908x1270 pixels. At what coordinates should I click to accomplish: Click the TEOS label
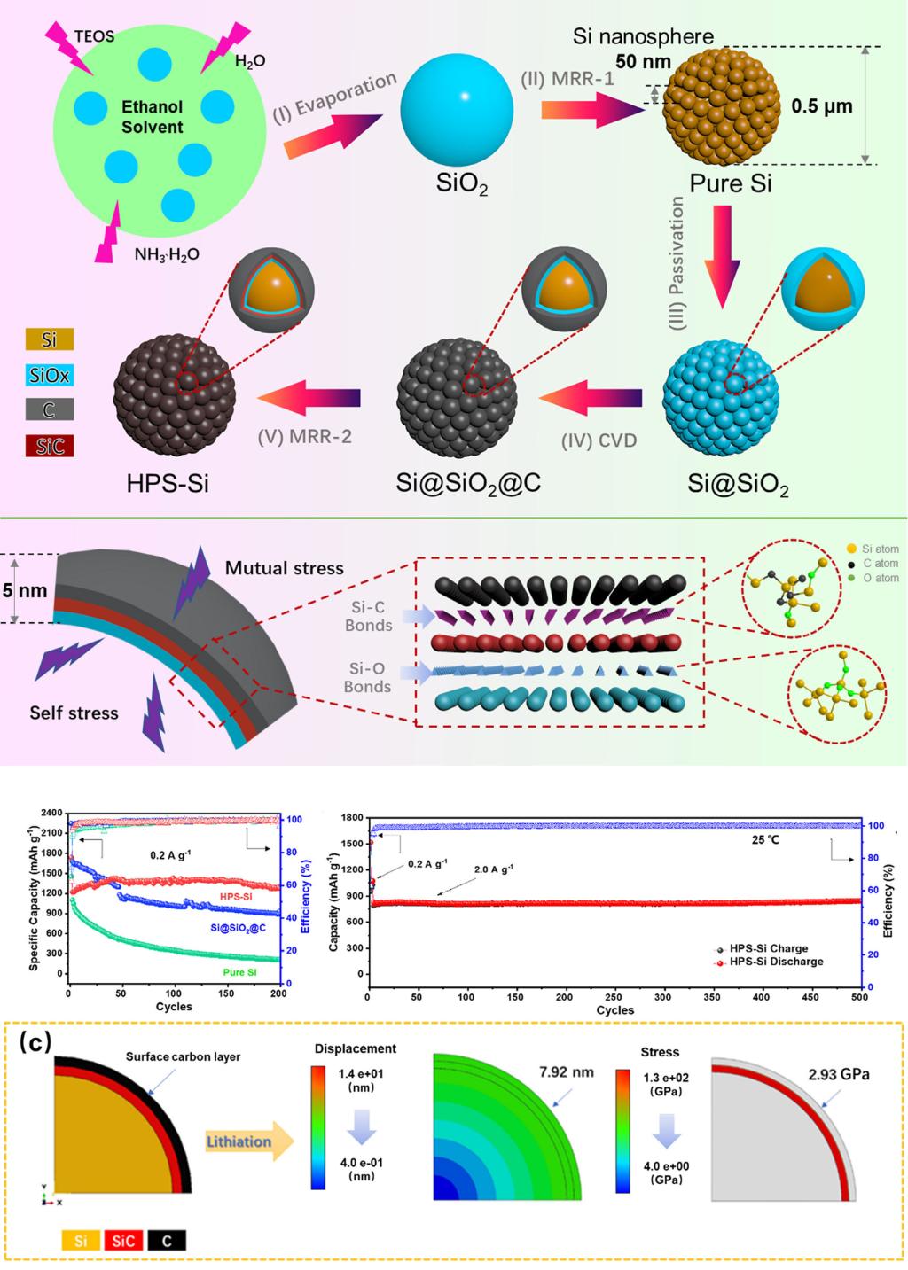(94, 36)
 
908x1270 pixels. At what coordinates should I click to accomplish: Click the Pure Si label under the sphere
(730, 183)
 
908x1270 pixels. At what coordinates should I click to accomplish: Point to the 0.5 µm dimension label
(821, 106)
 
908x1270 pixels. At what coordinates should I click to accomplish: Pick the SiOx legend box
(50, 375)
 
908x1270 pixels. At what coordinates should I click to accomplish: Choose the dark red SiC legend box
(50, 445)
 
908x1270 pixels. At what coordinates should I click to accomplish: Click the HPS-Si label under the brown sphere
(168, 484)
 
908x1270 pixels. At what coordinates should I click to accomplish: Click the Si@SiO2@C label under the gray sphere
(468, 484)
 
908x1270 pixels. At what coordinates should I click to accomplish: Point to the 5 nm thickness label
(24, 589)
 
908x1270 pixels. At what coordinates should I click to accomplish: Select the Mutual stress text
(284, 568)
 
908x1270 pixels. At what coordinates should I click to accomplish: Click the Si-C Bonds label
(368, 617)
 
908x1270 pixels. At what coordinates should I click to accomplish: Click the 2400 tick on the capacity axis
(51, 814)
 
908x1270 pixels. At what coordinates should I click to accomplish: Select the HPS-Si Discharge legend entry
(775, 962)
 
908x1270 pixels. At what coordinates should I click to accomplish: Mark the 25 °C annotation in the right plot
(765, 839)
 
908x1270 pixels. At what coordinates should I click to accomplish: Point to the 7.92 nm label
(566, 1072)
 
